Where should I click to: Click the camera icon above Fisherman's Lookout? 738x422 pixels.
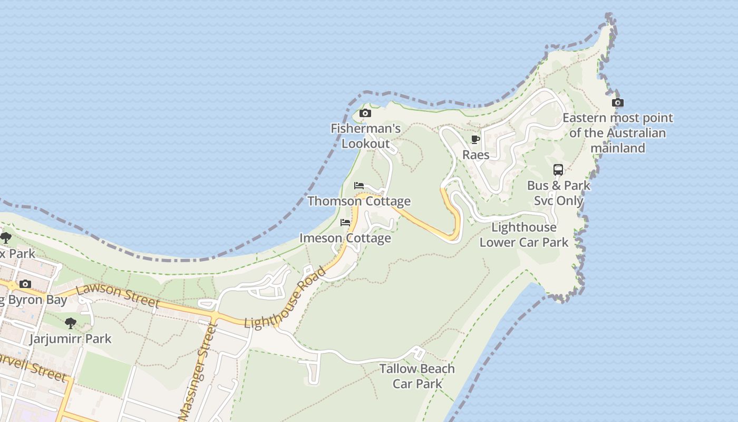click(365, 113)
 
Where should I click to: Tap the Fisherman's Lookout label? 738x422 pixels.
click(366, 136)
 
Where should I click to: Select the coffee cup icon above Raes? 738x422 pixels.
click(475, 140)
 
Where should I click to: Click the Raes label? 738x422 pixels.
click(476, 155)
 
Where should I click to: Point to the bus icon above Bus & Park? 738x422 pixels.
click(558, 170)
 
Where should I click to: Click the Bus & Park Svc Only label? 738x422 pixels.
click(559, 193)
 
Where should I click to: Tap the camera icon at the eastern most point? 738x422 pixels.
click(617, 103)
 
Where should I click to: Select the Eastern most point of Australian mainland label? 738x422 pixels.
click(618, 133)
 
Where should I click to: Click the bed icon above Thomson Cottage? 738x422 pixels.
click(359, 186)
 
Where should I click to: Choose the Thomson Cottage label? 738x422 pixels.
click(359, 202)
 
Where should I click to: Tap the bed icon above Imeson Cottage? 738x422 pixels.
click(345, 223)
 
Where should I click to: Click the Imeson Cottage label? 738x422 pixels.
click(345, 238)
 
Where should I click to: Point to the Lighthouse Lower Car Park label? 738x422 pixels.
click(523, 235)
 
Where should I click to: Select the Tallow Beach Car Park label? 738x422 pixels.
click(417, 376)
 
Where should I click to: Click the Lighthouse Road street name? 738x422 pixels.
click(286, 299)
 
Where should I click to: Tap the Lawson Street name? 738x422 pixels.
click(118, 296)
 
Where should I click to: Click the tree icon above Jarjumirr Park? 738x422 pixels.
click(70, 323)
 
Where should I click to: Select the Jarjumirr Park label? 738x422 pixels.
click(70, 339)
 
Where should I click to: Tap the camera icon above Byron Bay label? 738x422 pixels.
click(25, 284)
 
